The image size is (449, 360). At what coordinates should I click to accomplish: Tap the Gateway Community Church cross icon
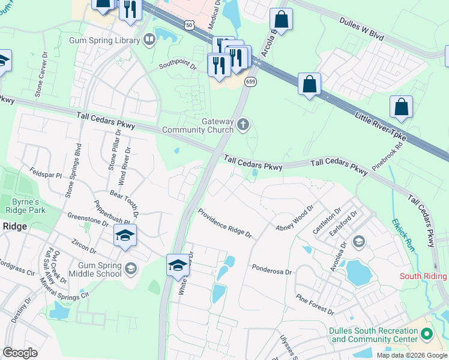(243, 124)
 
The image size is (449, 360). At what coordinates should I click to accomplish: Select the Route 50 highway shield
(189, 25)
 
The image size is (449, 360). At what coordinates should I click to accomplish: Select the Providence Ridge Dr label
(224, 223)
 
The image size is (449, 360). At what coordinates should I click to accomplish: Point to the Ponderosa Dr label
(271, 267)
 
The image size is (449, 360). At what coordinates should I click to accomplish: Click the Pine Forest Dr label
(315, 304)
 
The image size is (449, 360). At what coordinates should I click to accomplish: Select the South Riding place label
(424, 276)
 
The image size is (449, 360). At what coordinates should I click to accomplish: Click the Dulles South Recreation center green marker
(427, 333)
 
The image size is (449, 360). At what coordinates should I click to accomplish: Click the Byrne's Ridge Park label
(25, 206)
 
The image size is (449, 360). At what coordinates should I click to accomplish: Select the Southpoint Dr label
(178, 66)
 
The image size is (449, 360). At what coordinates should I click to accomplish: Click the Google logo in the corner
(20, 353)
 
